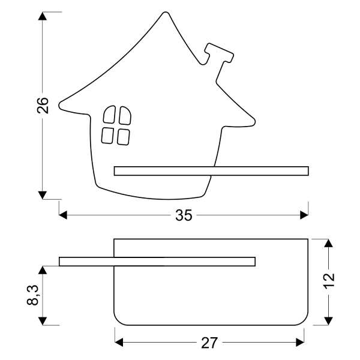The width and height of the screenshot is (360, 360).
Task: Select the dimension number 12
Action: pyautogui.click(x=329, y=281)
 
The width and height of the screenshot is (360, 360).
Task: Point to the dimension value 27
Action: pyautogui.click(x=209, y=343)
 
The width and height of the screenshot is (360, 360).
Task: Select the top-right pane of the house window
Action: pyautogui.click(x=124, y=116)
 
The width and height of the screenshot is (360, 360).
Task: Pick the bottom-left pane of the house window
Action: pyautogui.click(x=108, y=135)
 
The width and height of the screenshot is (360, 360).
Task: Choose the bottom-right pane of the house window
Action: pyautogui.click(x=123, y=136)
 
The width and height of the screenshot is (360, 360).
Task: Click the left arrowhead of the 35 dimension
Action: pyautogui.click(x=64, y=215)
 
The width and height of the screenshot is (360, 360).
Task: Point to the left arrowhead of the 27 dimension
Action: pyautogui.click(x=119, y=342)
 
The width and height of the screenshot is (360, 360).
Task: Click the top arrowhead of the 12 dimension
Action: pyautogui.click(x=329, y=244)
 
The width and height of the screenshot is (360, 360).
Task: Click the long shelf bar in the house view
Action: pyautogui.click(x=211, y=171)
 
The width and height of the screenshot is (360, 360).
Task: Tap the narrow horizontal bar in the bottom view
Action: pyautogui.click(x=157, y=261)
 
